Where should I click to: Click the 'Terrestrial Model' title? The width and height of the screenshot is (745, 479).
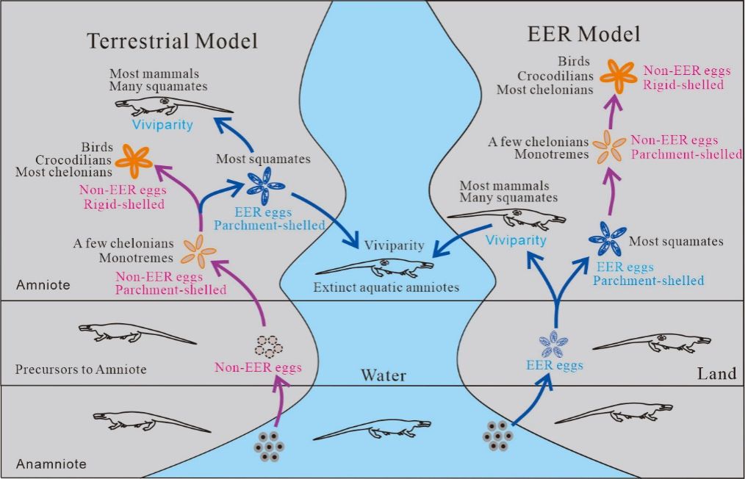[x=173, y=40]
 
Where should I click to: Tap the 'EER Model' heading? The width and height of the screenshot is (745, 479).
[x=584, y=34]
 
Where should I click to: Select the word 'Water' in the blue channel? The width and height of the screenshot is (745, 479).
[x=384, y=376]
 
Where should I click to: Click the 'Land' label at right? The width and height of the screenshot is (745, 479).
[x=716, y=374]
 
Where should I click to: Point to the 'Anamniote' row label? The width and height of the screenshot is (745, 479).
[x=51, y=464]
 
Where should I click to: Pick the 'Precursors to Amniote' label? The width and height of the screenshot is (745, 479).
[x=81, y=369]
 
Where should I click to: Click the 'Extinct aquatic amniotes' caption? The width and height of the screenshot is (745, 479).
[x=386, y=287]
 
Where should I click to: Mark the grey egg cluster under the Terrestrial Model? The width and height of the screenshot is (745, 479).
[x=270, y=446]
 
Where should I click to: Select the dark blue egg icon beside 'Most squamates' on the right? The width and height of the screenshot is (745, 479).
[x=607, y=239]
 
